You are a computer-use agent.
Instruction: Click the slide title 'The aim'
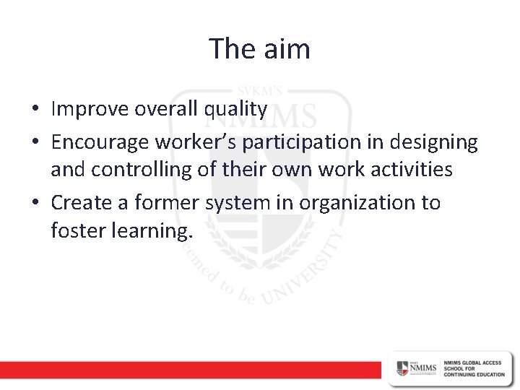259,49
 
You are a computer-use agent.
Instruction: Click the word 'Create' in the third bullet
78,203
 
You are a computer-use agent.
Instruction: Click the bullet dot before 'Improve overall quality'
35,110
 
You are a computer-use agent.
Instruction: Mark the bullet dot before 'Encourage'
35,144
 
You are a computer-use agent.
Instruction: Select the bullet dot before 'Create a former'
35,204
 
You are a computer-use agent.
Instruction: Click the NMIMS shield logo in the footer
402,368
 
